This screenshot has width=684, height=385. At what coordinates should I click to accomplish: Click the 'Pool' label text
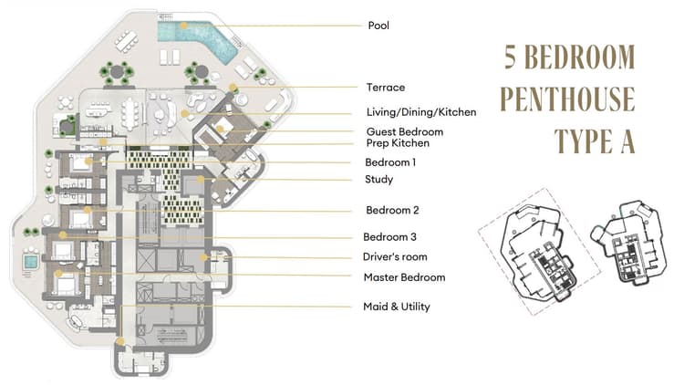click(378, 26)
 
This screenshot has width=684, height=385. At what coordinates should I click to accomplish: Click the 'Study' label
click(379, 180)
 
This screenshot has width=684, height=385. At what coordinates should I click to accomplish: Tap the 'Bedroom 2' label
click(393, 210)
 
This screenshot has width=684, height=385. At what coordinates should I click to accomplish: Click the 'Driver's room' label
click(395, 257)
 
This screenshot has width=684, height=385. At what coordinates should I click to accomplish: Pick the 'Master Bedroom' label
click(404, 277)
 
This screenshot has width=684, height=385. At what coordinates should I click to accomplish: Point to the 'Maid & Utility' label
click(397, 307)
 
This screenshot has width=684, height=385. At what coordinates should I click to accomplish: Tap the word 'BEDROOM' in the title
click(585, 57)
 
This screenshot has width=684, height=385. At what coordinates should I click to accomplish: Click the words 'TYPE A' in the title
click(595, 140)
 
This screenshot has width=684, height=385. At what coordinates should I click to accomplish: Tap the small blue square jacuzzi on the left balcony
click(30, 262)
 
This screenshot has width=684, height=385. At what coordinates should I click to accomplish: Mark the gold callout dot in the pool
click(184, 26)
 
